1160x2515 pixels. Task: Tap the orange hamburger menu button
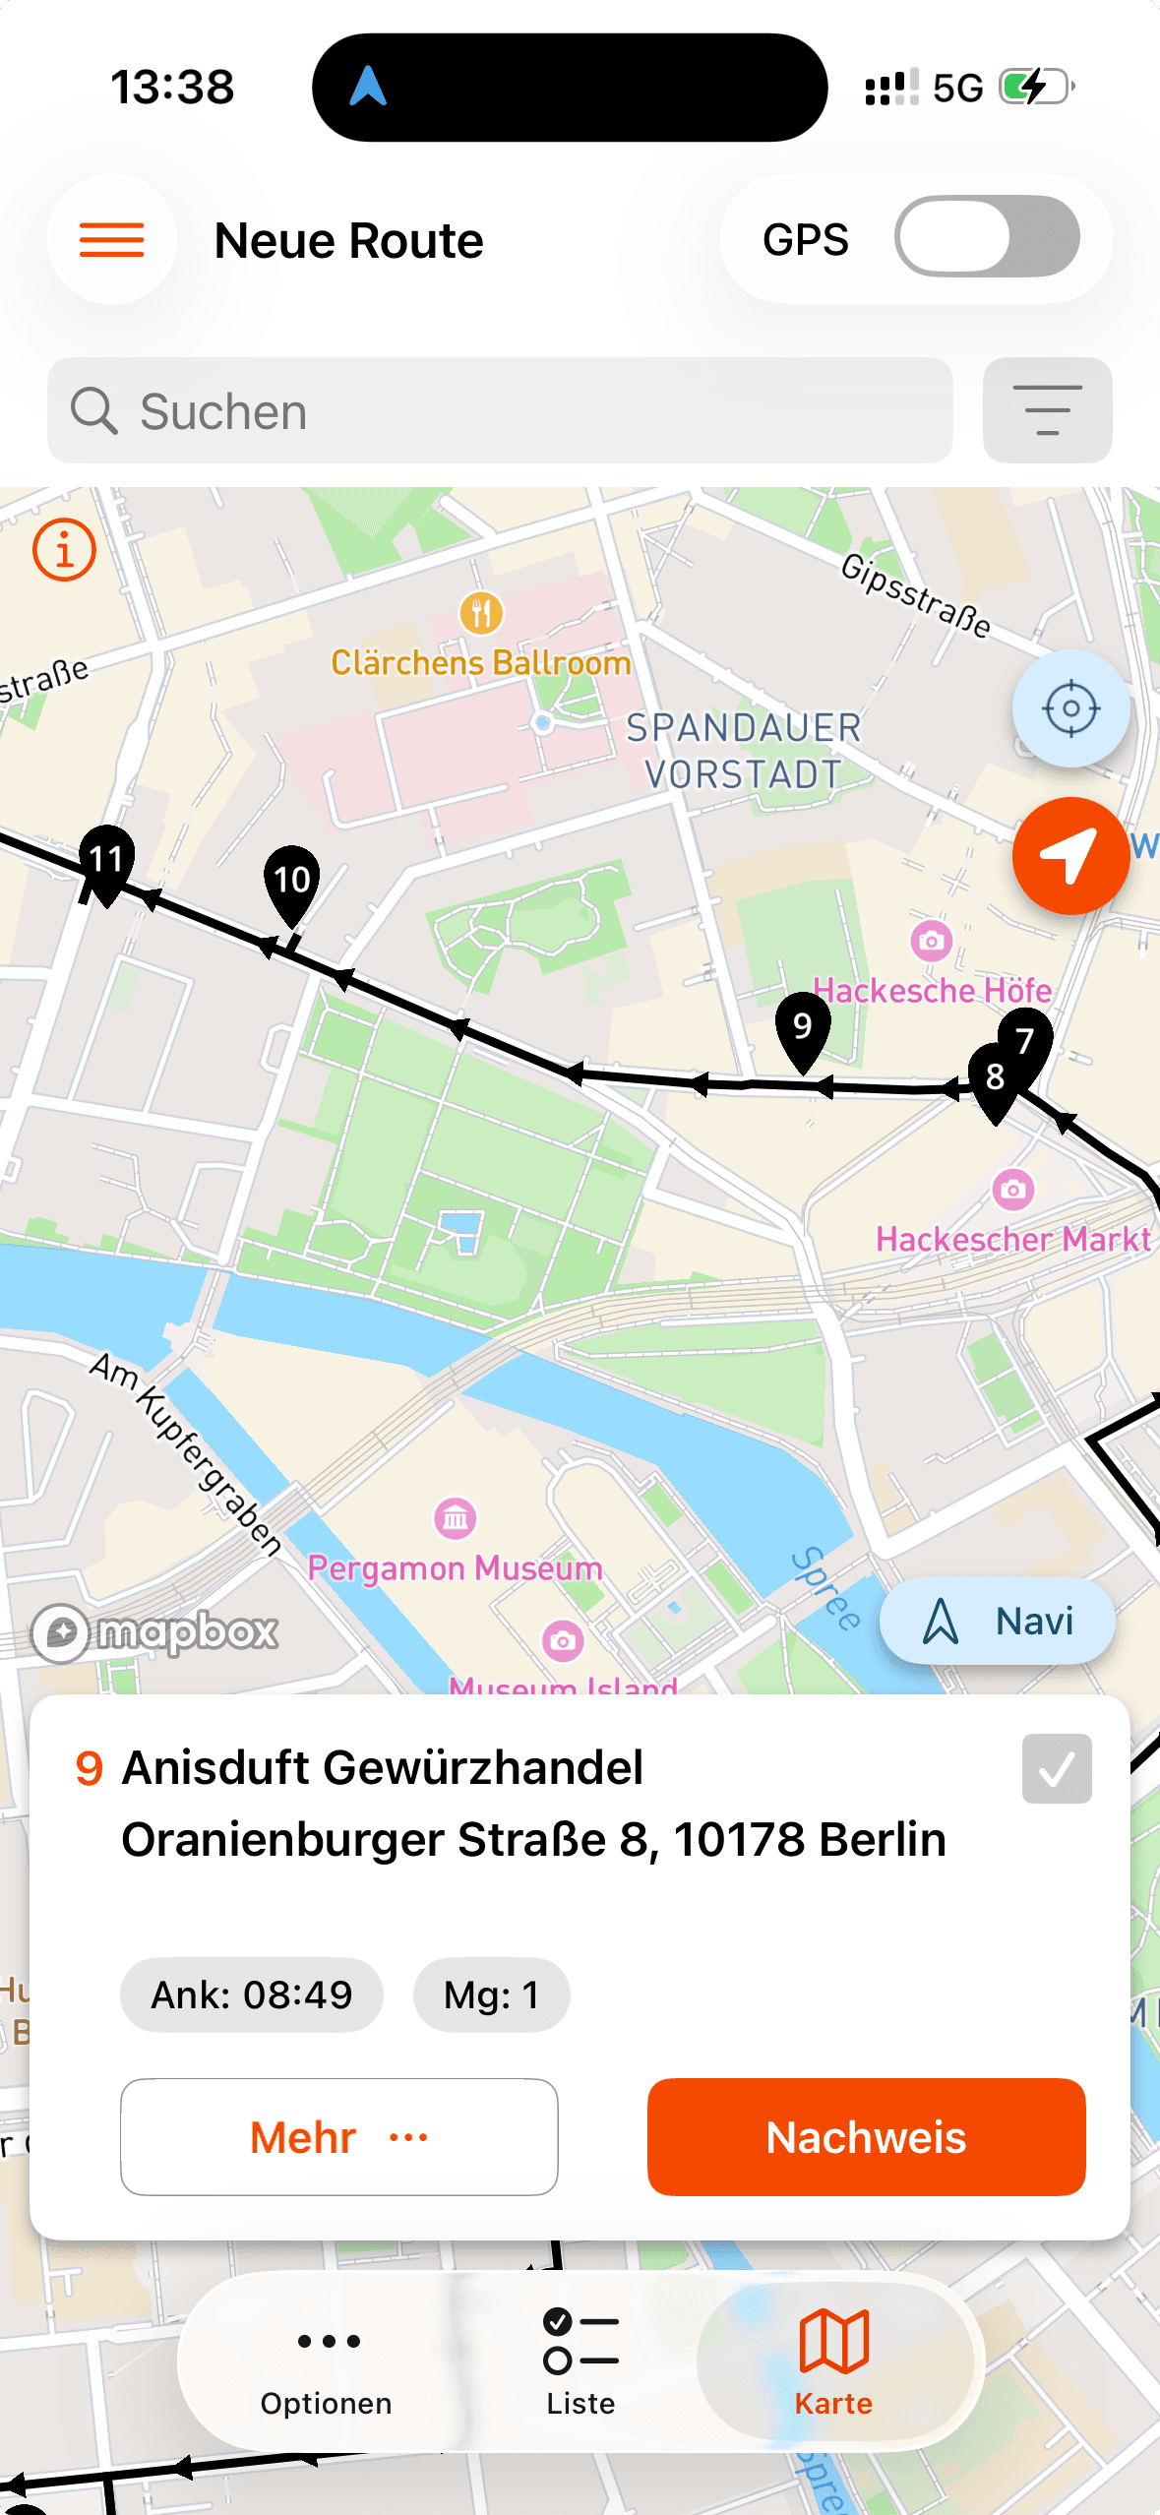tap(112, 240)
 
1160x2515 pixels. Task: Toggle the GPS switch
tap(986, 237)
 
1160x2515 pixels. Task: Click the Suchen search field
tap(500, 410)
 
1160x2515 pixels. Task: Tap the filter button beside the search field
tap(1047, 410)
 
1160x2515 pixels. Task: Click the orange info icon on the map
tap(65, 550)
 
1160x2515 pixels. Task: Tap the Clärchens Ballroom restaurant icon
tap(481, 614)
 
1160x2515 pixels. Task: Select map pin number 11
tap(106, 861)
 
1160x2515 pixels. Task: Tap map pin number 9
tap(803, 1027)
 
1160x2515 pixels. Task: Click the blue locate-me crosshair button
tap(1070, 708)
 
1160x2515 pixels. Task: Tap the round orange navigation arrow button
tap(1070, 855)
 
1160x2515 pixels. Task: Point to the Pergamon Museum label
tap(455, 1567)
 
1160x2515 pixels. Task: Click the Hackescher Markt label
tap(1013, 1239)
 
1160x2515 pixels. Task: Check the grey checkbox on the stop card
tap(1057, 1769)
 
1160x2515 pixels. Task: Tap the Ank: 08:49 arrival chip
tap(252, 1994)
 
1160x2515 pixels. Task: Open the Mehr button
tap(338, 2136)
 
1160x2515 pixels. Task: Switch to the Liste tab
tap(580, 2361)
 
